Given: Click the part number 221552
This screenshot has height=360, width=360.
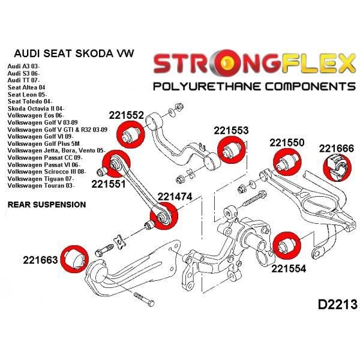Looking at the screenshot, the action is [x=126, y=115].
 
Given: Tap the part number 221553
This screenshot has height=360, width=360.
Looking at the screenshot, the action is [x=231, y=130].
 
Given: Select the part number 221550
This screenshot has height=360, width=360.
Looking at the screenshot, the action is [x=287, y=143].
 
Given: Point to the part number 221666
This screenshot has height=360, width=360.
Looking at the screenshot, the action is [x=337, y=149].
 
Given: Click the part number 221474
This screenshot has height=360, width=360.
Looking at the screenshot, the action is [x=175, y=197].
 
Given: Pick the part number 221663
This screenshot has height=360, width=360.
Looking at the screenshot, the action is [x=40, y=260].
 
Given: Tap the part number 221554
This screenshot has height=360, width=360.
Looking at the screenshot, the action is [x=289, y=268].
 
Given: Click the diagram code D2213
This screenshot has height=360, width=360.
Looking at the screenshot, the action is [x=337, y=305].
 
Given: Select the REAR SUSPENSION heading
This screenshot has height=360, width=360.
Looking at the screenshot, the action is [x=47, y=205].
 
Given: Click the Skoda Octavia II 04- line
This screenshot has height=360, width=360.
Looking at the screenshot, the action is [x=36, y=109].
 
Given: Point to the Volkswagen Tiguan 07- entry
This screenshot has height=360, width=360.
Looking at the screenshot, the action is [x=41, y=179].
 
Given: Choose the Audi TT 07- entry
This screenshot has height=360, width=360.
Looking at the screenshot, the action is [x=23, y=80].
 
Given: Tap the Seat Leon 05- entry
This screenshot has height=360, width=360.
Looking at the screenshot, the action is [x=28, y=94].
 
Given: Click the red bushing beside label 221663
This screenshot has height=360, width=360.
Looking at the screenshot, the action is [x=74, y=259].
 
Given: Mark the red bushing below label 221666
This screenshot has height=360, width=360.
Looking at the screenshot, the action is [x=337, y=168].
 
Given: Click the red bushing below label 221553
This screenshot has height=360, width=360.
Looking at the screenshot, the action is [x=232, y=149].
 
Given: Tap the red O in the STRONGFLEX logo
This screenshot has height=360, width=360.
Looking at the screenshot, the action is [x=226, y=63].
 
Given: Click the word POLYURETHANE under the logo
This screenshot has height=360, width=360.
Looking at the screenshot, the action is [x=207, y=87].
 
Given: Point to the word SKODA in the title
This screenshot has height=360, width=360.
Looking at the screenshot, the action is [x=94, y=53].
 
